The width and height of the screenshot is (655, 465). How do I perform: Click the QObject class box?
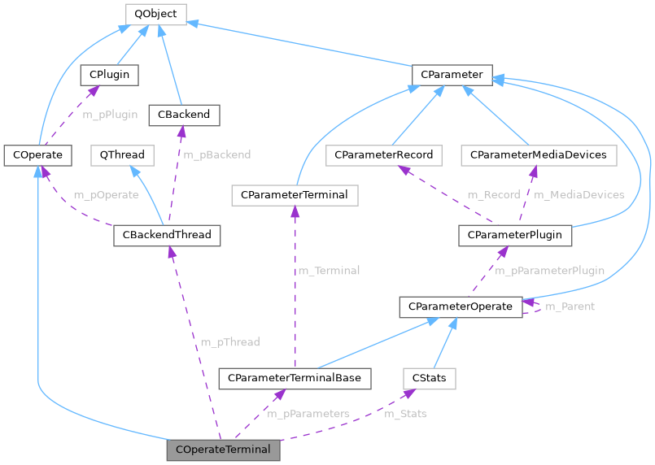(x=155, y=14)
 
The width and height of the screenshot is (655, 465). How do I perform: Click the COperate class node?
(x=37, y=154)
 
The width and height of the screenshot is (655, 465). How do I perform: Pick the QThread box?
(x=121, y=154)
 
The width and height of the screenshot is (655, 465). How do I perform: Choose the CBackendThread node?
(x=166, y=235)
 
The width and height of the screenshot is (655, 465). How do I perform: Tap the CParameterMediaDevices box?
(x=533, y=154)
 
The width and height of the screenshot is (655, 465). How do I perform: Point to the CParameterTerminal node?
(x=295, y=195)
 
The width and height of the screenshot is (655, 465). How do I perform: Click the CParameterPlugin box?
(x=515, y=235)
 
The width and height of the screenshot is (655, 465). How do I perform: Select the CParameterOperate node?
(x=460, y=306)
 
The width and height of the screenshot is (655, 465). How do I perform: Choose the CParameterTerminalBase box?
(x=295, y=378)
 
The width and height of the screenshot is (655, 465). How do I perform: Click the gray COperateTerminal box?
(x=223, y=449)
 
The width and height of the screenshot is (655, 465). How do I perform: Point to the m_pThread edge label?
(x=229, y=342)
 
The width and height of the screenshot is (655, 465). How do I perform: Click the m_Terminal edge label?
(x=329, y=271)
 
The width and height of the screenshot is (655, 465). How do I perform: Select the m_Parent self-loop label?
(x=569, y=306)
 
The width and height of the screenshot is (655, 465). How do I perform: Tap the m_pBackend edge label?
(x=216, y=154)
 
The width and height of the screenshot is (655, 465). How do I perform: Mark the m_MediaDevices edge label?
(x=579, y=195)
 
